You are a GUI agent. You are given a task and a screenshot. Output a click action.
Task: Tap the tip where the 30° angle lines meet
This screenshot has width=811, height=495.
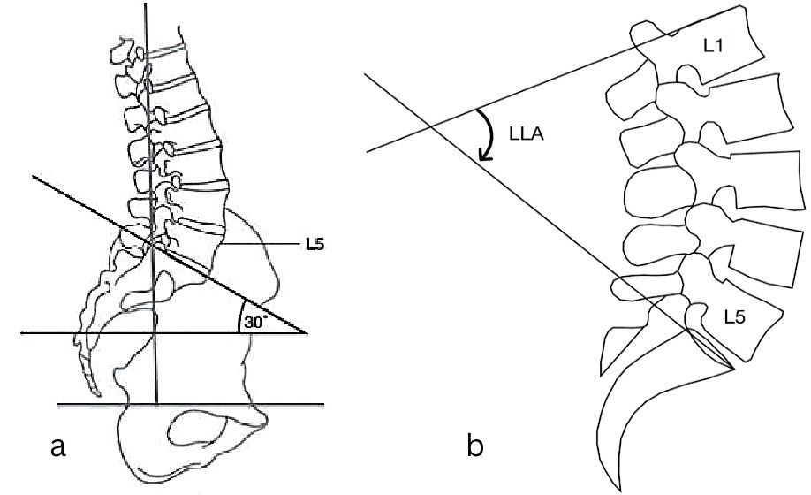[x=306, y=333]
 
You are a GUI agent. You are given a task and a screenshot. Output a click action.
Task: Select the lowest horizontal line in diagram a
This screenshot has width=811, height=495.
[x=190, y=405]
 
